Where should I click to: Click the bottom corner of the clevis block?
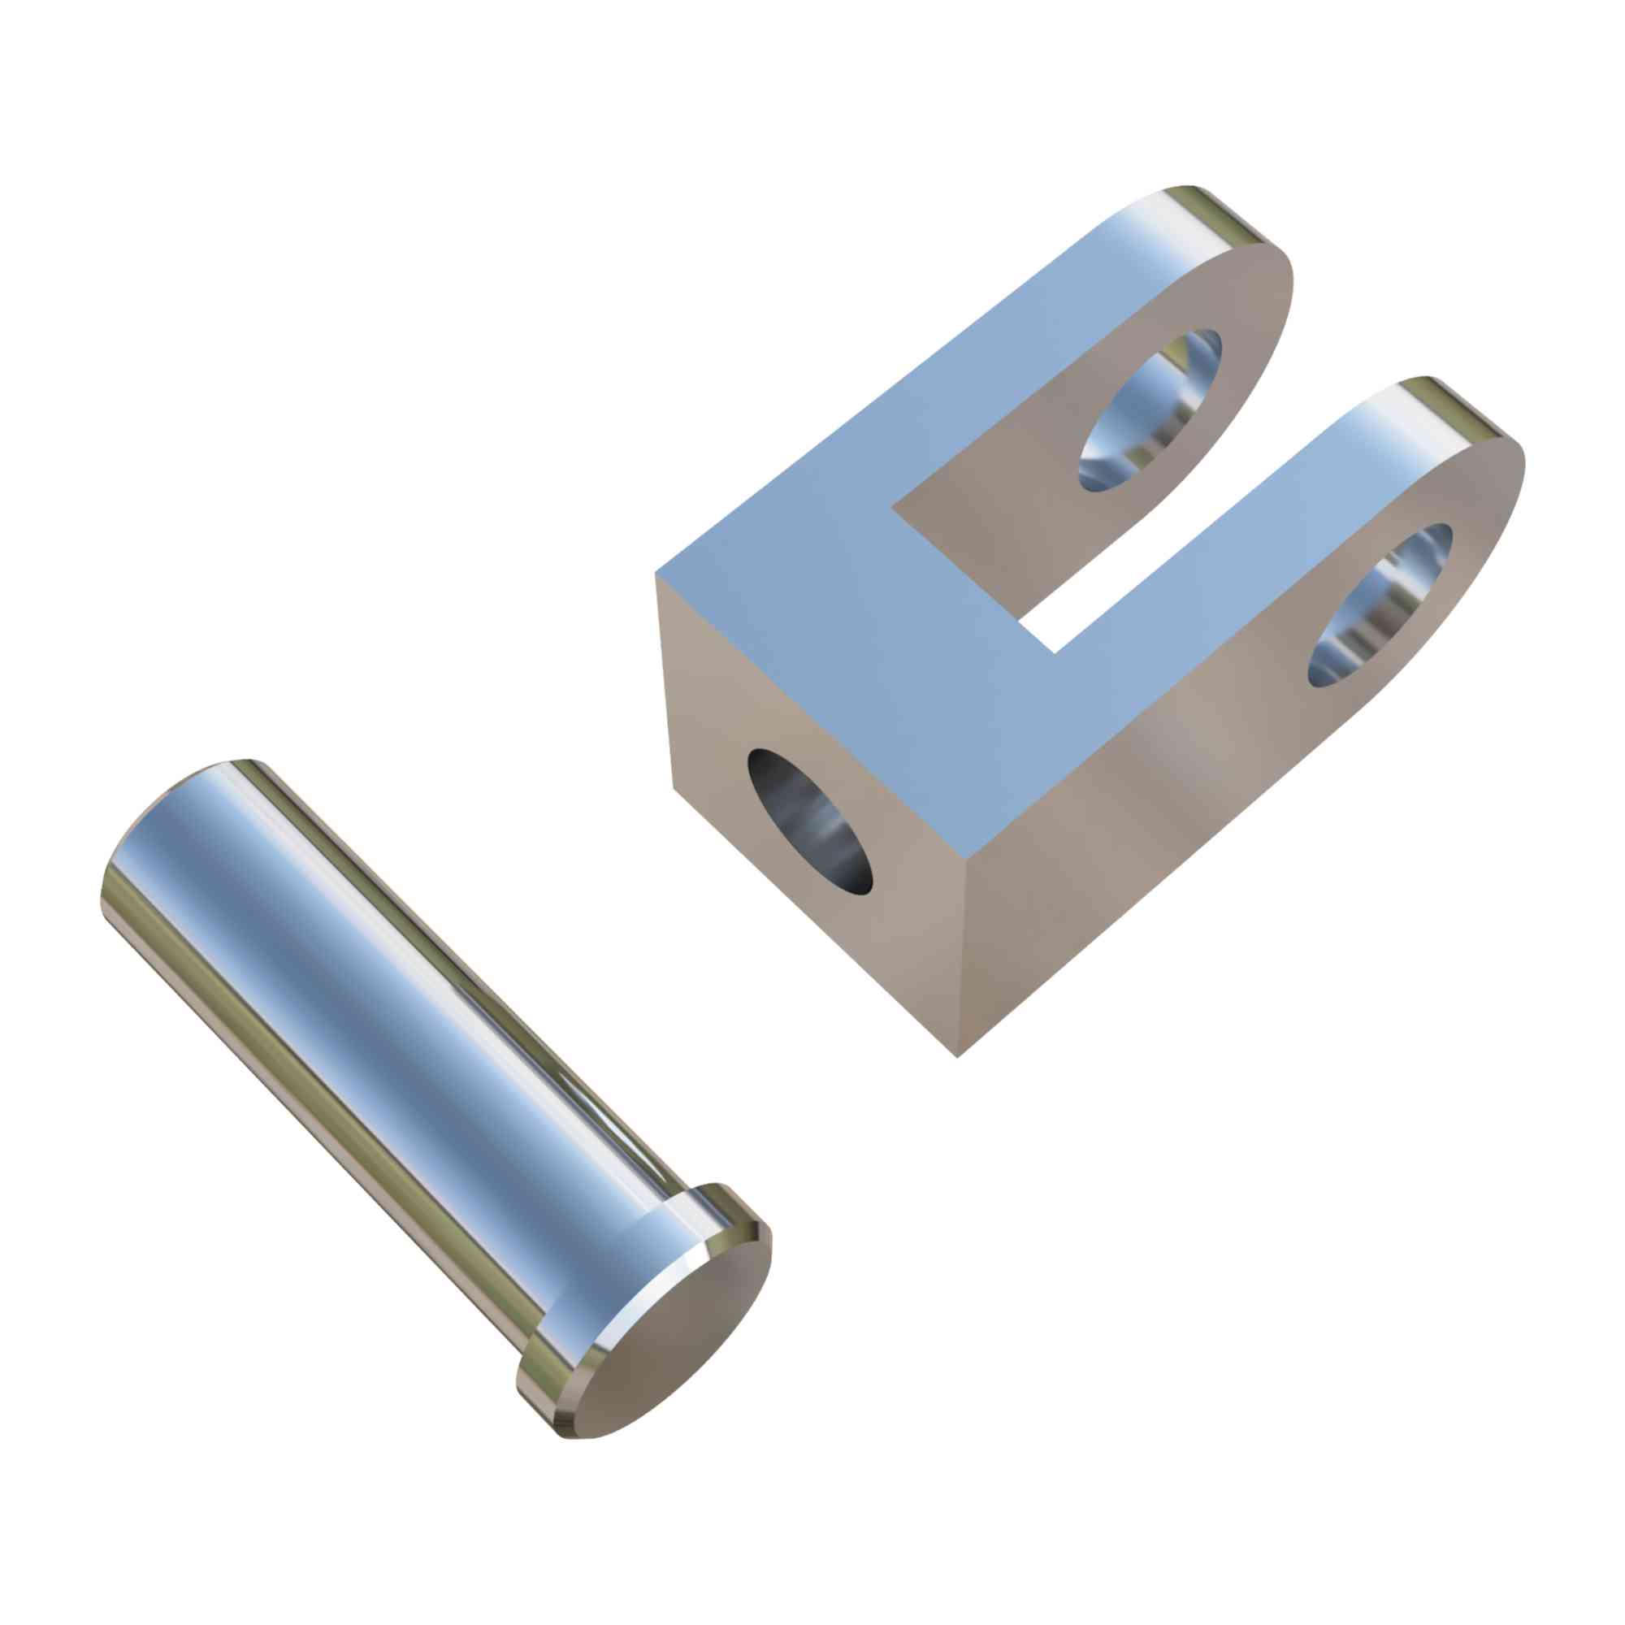(x=958, y=1055)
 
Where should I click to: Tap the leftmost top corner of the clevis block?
(x=656, y=573)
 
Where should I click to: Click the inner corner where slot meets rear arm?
(x=894, y=507)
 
